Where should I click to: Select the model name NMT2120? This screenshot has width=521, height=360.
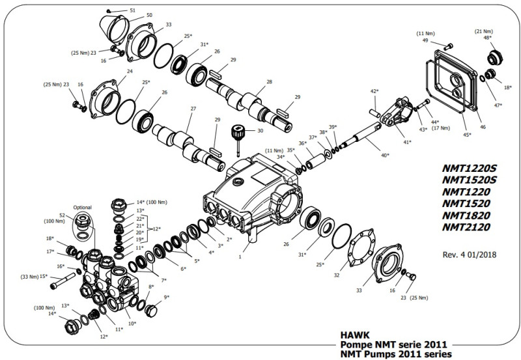coord(466,227)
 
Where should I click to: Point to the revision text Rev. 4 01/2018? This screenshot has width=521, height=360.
coord(468,255)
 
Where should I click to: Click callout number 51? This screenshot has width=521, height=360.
coord(133,11)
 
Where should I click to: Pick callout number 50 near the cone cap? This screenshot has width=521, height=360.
coord(149,15)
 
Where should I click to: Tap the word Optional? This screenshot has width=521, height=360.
coord(82,206)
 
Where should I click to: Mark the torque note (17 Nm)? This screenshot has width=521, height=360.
coord(441,128)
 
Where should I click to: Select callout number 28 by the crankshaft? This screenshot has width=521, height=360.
coord(269,82)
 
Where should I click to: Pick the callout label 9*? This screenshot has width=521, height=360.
coord(167,297)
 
